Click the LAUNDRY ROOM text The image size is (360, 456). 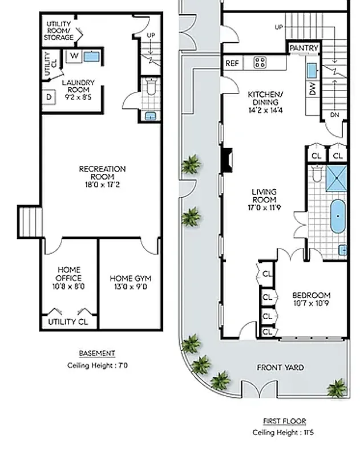pos(78,86)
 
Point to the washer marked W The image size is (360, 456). pos(74,56)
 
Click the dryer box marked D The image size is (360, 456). pos(48,97)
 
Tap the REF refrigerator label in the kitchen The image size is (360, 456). pos(232,63)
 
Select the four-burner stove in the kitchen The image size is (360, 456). pos(260,62)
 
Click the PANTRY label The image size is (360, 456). pos(304,48)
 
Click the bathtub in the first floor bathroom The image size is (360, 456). pos(338,217)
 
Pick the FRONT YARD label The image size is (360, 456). pos(280,368)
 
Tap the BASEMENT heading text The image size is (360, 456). pos(96,353)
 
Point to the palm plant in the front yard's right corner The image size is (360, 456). pos(337,388)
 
